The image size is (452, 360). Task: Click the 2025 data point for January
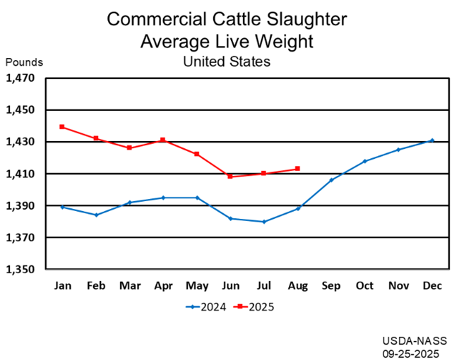(62, 127)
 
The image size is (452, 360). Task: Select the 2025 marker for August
(297, 169)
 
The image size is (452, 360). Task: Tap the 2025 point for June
(230, 176)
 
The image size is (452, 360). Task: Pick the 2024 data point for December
(432, 140)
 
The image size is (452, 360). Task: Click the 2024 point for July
(264, 222)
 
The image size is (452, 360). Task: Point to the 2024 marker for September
(331, 180)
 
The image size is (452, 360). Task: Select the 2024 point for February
(96, 215)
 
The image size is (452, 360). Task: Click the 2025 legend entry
(255, 307)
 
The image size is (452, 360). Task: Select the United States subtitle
(226, 61)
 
